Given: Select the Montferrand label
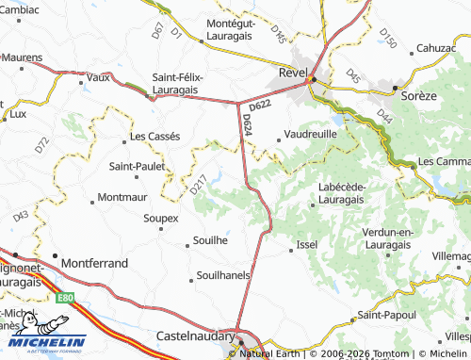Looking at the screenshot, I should [94, 264].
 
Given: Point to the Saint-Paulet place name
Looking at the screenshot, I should [138, 167].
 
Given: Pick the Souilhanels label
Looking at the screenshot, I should [223, 276].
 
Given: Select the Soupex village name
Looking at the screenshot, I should [161, 219].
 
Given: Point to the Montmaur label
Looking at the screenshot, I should [123, 199].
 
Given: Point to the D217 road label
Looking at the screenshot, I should [198, 185].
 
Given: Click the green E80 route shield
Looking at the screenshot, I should [65, 298].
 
